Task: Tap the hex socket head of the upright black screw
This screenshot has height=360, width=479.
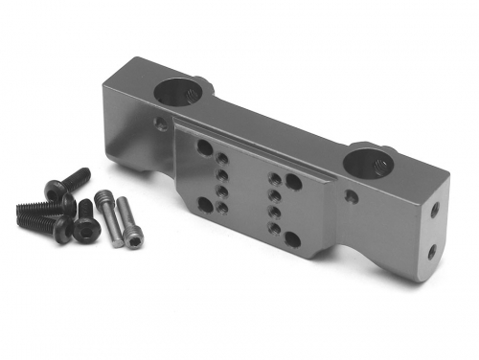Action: coord(86,230)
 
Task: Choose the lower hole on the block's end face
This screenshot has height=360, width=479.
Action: coord(432,251)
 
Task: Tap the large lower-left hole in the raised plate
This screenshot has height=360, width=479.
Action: coord(205,202)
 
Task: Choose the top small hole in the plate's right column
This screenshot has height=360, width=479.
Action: coord(275,178)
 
